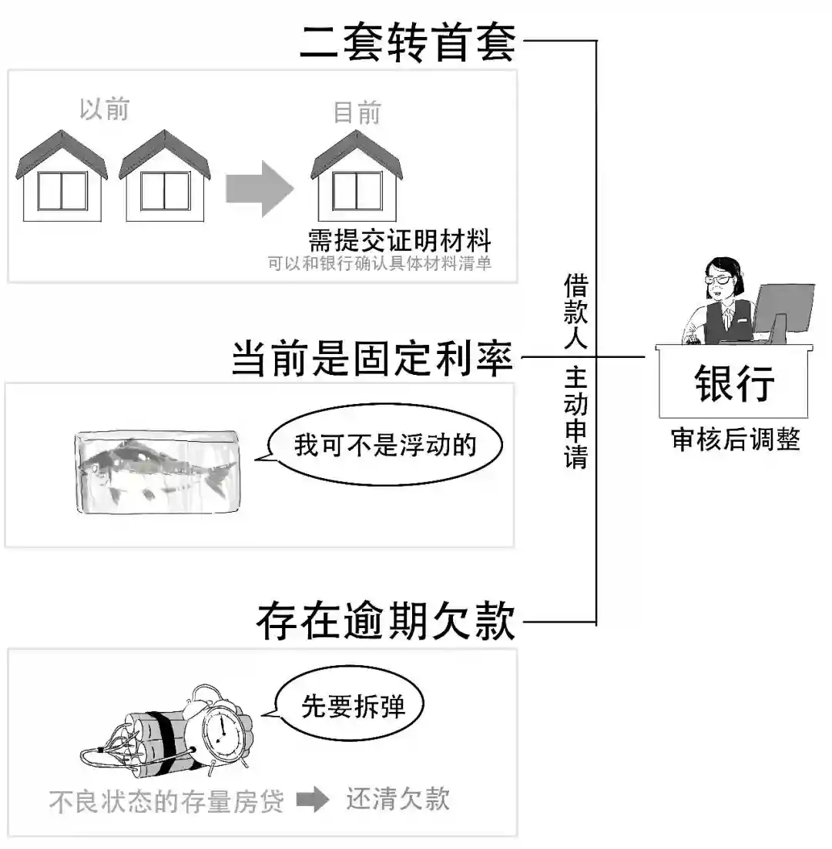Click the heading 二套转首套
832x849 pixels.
click(407, 42)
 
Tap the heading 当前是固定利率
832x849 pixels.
click(373, 358)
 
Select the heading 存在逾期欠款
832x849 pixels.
click(385, 621)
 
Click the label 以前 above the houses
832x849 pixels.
click(104, 109)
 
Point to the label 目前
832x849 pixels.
click(357, 113)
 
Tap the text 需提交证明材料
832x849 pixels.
click(399, 240)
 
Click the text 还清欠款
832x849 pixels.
click(397, 800)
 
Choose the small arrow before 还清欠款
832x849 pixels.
click(312, 801)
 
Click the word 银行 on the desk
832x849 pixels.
click(733, 383)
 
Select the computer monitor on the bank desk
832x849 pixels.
click(784, 308)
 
